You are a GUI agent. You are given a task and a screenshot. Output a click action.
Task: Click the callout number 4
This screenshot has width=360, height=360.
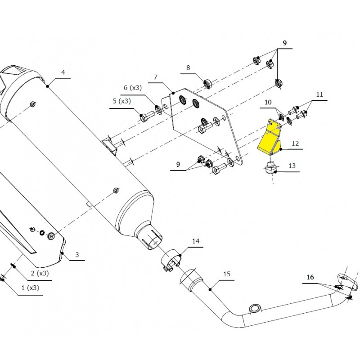(x=63, y=72)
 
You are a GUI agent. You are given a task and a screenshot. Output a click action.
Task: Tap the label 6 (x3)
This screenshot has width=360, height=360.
(x=132, y=87)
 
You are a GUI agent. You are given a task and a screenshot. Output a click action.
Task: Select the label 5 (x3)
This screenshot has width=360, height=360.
(x=121, y=101)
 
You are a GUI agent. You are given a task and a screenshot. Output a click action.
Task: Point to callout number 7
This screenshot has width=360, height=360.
(x=155, y=77)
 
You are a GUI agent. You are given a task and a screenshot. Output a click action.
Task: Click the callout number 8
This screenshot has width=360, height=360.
(x=188, y=68)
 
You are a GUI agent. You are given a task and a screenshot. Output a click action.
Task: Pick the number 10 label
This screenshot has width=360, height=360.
(x=268, y=103)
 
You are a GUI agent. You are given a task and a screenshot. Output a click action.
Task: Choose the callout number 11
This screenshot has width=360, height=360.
(x=320, y=94)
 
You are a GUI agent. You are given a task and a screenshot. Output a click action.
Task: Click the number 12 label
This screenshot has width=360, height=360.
(x=295, y=144)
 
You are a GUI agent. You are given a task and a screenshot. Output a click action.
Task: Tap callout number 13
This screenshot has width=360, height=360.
(x=292, y=166)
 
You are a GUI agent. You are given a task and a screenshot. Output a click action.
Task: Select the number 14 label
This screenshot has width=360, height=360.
(x=195, y=242)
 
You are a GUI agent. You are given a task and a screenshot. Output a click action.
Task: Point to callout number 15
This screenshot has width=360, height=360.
(x=227, y=274)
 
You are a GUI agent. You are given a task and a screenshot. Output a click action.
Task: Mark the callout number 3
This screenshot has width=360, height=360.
(x=77, y=255)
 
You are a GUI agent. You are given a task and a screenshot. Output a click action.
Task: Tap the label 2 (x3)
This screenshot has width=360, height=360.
(x=40, y=273)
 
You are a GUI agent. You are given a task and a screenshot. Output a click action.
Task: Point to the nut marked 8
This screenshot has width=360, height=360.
(x=208, y=84)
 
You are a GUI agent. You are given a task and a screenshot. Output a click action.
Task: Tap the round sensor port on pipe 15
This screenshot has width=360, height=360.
(x=254, y=308)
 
